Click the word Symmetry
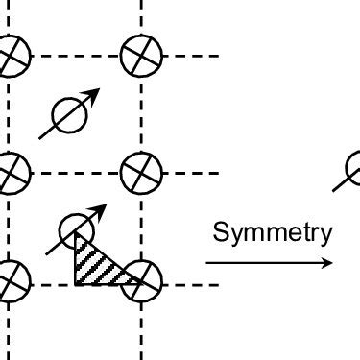click(x=273, y=231)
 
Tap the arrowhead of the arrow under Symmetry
click(x=329, y=262)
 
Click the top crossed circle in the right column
click(x=142, y=56)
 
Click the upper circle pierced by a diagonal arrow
click(x=69, y=115)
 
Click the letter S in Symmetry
click(x=220, y=231)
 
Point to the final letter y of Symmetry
click(x=326, y=234)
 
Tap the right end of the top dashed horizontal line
click(x=219, y=56)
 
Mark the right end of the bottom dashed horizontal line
click(x=219, y=284)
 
